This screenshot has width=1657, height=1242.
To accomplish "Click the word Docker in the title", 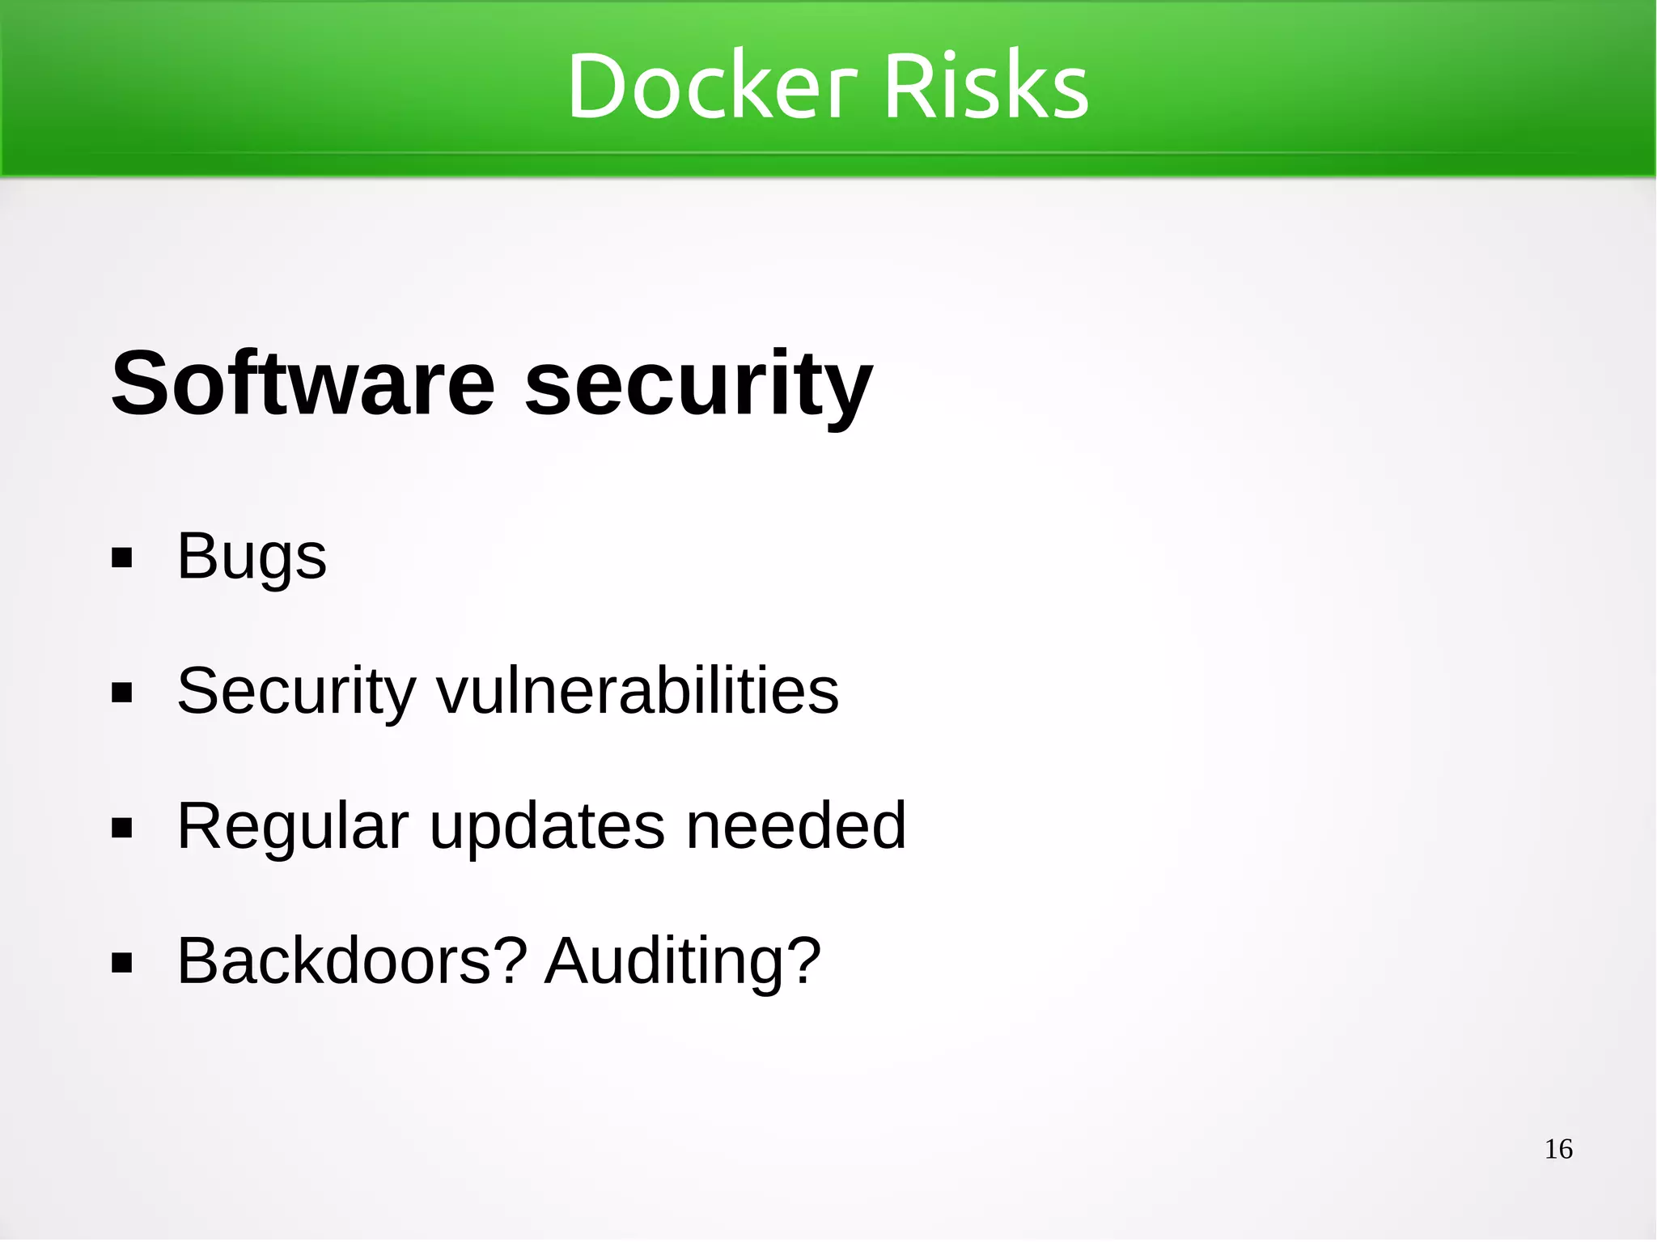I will [711, 86].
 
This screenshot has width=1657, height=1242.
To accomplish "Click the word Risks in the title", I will [986, 86].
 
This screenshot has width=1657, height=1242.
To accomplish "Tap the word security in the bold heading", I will [698, 384].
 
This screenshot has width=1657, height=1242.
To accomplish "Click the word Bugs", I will [252, 557].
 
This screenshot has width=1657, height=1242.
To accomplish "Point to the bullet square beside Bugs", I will [122, 558].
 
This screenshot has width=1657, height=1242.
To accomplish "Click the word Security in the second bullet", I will [296, 692].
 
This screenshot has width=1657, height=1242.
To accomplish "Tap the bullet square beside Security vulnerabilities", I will [122, 693].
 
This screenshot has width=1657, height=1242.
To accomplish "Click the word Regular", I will [293, 827].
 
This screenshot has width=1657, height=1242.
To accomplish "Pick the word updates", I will [548, 827].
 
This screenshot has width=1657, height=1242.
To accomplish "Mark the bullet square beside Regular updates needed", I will [122, 829].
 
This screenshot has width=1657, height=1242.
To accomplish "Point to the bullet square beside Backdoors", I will [122, 964].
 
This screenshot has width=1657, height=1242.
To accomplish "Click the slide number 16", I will [1558, 1149].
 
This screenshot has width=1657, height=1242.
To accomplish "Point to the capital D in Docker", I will [597, 86].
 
